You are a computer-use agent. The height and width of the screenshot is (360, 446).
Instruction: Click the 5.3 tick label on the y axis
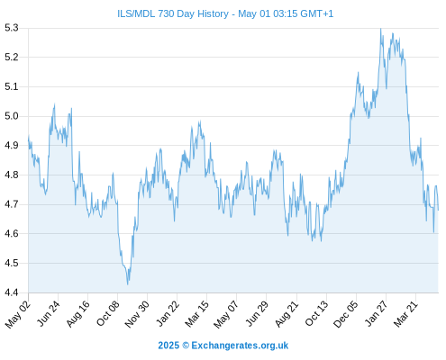point(12,28)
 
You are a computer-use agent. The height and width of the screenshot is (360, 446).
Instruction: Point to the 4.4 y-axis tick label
point(12,292)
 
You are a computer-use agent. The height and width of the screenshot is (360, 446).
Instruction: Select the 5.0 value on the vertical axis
point(12,116)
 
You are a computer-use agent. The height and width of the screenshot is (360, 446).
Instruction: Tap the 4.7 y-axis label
point(12,204)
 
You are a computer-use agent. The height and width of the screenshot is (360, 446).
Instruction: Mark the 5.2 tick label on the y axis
point(12,57)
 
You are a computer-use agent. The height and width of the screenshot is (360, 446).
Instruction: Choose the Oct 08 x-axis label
point(107,313)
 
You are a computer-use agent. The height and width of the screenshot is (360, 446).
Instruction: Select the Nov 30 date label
point(137,314)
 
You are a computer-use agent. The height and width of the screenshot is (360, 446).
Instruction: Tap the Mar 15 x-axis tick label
point(196,313)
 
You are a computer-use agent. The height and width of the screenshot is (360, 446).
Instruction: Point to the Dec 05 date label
point(346,314)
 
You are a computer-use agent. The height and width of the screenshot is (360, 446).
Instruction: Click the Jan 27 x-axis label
point(377,313)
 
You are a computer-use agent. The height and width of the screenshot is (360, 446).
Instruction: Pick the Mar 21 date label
point(405,313)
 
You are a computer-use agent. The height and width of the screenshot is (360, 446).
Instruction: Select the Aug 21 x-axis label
point(287,313)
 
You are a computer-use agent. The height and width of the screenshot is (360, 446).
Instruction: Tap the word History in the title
point(213,14)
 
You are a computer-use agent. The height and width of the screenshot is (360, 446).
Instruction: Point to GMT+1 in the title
point(316,13)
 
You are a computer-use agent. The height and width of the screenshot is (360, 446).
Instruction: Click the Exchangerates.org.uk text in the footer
point(240,346)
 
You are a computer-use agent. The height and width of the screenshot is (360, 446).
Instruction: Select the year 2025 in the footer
point(168,346)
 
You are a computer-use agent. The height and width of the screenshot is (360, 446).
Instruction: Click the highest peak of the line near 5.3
point(381,29)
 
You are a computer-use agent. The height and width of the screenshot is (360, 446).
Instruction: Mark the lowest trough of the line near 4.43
point(128,284)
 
